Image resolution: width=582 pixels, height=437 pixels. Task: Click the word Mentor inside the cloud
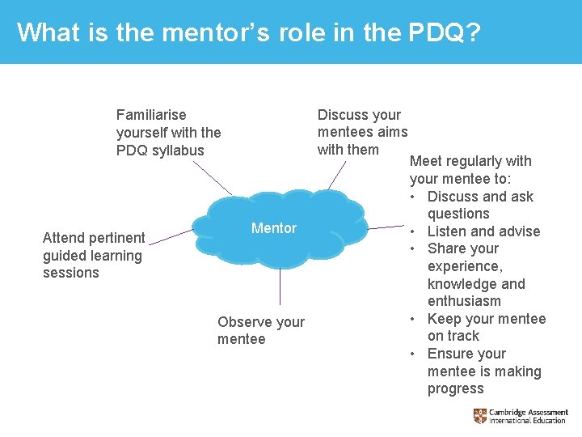coord(273,228)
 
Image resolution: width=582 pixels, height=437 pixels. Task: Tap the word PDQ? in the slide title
coord(445,32)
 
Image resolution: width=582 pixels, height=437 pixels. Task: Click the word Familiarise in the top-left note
coord(151,115)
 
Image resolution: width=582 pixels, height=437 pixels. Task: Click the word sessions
coord(71,273)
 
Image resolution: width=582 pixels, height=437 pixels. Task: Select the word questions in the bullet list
coord(458,214)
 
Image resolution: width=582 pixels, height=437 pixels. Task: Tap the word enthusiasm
coord(464,301)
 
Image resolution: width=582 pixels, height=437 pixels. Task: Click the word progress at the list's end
coord(455,388)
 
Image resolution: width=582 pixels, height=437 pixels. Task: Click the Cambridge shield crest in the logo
coord(480,416)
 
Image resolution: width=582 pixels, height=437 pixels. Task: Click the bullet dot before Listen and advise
coord(414,231)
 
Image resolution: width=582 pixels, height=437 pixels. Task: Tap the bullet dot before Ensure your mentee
coord(414,354)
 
